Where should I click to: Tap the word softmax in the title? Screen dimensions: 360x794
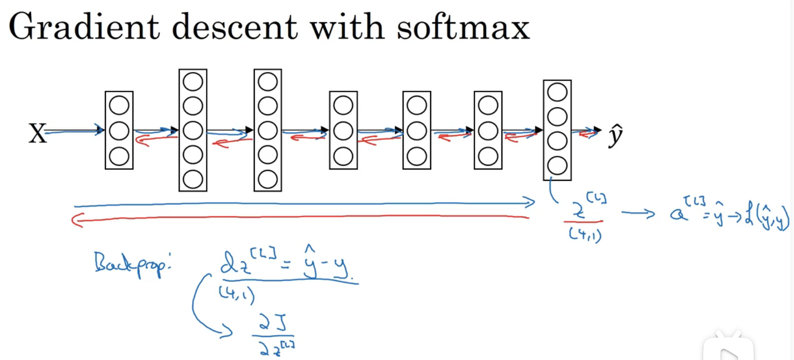pos(463,27)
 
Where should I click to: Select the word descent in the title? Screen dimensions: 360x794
pos(235,27)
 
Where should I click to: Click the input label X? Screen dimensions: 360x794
pos(37,133)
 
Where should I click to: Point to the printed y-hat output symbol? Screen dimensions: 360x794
pos(615,135)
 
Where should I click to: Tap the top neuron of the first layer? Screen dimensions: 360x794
pos(119,105)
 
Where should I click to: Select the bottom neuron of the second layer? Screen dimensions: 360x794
pos(193,179)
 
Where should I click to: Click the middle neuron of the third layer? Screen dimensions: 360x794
pos(268,130)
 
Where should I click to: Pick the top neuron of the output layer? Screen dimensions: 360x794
pos(557,92)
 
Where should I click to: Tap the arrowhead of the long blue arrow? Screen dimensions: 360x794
pos(530,202)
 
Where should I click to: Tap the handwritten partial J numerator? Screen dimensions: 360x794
pos(273,323)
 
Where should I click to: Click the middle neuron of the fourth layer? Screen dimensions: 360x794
pos(343,131)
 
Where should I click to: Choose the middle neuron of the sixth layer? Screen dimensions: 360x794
pos(488,131)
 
